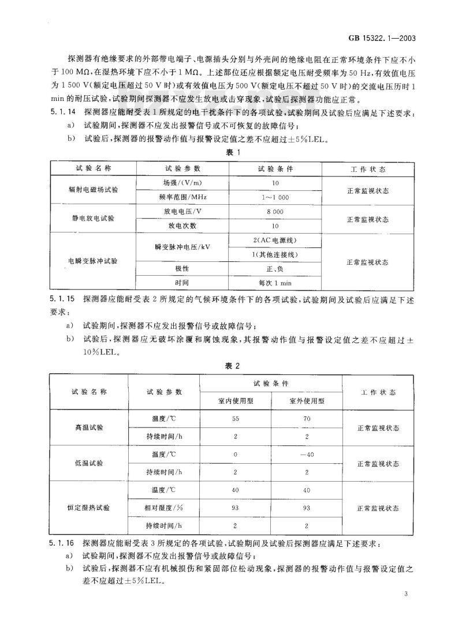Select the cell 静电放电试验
[x=93, y=219]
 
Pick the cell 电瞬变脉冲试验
[x=93, y=261]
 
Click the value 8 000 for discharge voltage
[x=275, y=212]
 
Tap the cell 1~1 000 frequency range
[x=275, y=197]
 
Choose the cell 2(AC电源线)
[x=275, y=240]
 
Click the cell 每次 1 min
[x=275, y=283]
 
